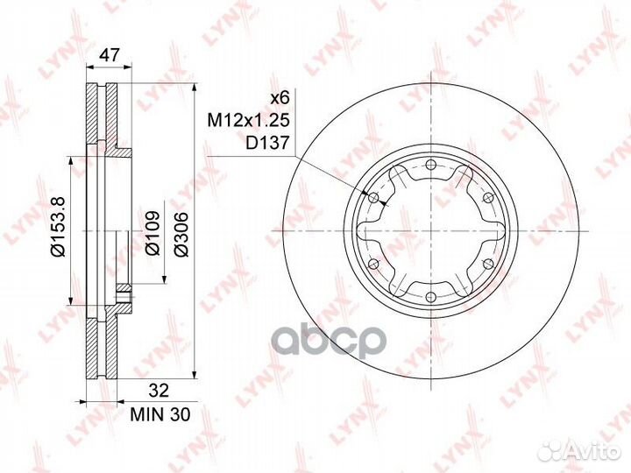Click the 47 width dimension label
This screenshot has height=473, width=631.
coord(110,54)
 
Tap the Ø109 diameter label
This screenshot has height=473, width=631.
coord(152,233)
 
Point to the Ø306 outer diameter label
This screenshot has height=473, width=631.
coord(181,234)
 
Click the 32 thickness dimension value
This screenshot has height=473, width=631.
coord(159,391)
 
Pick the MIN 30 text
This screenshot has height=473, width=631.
coord(160,414)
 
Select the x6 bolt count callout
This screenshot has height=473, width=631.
coord(280,98)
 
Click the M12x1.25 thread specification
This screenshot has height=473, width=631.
coord(248,120)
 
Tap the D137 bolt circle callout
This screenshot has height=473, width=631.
coord(267,143)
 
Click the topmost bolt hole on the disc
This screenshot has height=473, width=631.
coord(431,164)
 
